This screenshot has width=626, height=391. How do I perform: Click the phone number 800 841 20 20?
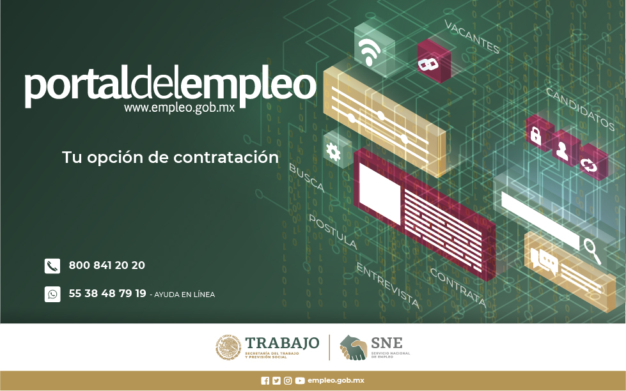[107, 265]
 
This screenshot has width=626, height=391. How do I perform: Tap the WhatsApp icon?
[52, 295]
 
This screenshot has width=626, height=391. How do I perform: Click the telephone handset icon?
[52, 266]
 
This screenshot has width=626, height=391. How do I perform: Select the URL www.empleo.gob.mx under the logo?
[179, 108]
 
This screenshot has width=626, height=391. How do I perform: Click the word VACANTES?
[472, 37]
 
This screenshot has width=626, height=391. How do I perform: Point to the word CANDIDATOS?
[580, 109]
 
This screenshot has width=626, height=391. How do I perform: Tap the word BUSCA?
[307, 178]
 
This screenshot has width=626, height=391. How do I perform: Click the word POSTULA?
[333, 232]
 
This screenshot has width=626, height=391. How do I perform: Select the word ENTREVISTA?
[387, 286]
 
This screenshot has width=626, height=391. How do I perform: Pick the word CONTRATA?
[458, 287]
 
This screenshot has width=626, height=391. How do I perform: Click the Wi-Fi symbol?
[370, 52]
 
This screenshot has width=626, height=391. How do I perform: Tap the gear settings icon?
[333, 151]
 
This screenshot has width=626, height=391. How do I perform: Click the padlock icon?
[535, 135]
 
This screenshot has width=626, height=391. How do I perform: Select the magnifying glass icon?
[593, 250]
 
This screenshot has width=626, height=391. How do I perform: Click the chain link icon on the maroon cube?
[428, 64]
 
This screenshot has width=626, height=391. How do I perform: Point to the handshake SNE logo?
[354, 348]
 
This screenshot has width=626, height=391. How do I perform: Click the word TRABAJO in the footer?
[282, 343]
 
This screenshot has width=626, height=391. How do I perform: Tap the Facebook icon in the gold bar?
[265, 381]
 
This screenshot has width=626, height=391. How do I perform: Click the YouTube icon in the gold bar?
[300, 381]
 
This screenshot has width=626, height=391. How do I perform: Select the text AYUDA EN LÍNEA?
[184, 295]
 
